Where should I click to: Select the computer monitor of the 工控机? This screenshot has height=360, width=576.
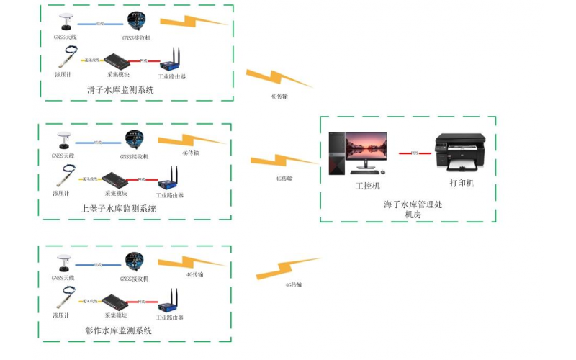tap(366, 149)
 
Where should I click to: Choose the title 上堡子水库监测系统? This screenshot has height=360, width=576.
tap(119, 209)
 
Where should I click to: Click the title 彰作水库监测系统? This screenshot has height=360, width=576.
tap(118, 330)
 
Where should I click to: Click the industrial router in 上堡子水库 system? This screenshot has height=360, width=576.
tap(171, 179)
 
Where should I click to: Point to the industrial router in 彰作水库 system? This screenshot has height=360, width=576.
tap(171, 302)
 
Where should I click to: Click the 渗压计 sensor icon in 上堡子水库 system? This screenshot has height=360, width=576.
tap(66, 175)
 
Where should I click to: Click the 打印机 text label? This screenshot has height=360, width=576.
tap(462, 184)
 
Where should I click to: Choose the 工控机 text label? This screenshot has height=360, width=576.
tap(367, 186)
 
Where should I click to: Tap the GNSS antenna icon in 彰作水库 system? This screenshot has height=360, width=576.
tap(68, 261)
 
